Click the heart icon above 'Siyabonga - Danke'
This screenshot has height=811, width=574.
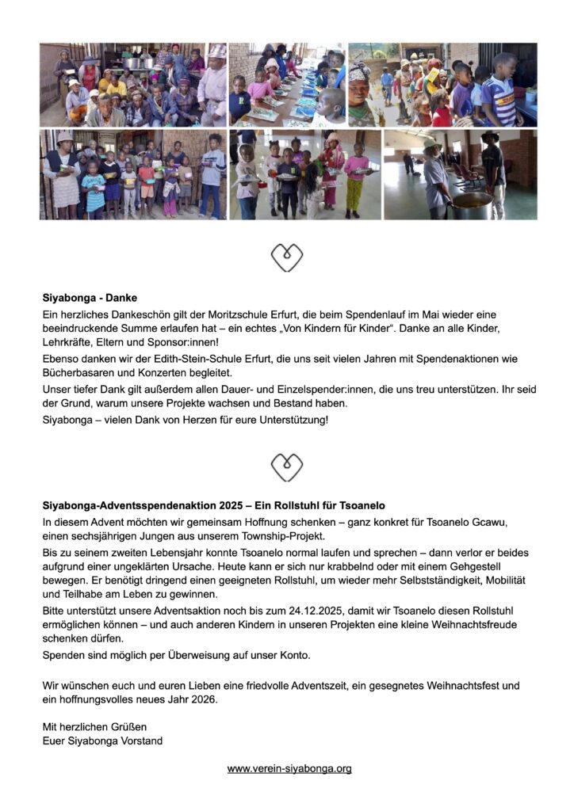click(286, 257)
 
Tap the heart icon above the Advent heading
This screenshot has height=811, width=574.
click(286, 467)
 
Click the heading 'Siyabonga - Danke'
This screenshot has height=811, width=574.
click(90, 299)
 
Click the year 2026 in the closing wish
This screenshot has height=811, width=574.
click(200, 699)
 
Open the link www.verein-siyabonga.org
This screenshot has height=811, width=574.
click(289, 768)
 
